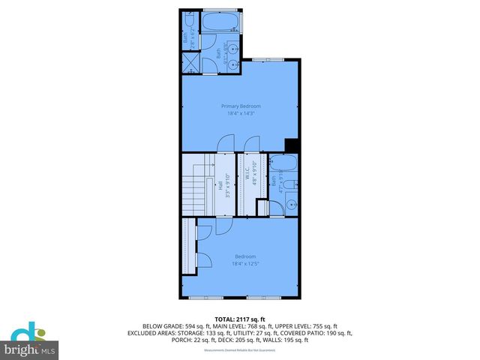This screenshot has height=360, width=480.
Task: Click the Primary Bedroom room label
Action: tap(239, 106)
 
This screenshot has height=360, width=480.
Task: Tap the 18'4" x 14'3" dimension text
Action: tap(239, 113)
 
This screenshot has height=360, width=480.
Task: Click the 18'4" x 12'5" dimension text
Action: tap(239, 263)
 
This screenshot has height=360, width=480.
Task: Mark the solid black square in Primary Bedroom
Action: tap(292, 146)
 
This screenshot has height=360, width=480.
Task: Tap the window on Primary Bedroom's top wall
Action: tap(262, 59)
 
